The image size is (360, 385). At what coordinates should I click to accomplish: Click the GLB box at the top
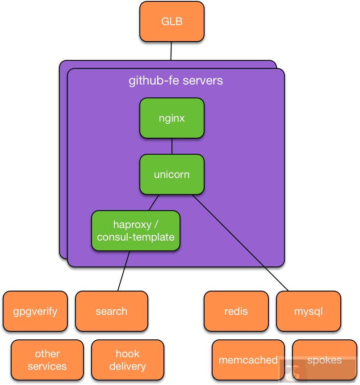(172, 21)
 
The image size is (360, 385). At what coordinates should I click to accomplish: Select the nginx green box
(172, 118)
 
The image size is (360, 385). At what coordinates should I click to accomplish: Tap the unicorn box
(172, 174)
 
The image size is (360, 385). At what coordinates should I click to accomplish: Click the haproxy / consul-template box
(135, 231)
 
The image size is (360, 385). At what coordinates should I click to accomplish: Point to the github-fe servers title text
(176, 81)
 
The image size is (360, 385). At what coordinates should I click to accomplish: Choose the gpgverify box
(35, 311)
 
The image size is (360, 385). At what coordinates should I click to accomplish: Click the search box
(111, 311)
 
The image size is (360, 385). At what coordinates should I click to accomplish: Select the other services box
(47, 360)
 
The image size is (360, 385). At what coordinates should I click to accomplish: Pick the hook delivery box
(127, 360)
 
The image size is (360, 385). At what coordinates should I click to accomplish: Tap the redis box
(236, 311)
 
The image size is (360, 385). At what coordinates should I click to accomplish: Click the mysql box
(308, 311)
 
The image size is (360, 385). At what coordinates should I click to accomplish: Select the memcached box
(248, 360)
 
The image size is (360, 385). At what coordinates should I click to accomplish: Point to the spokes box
(324, 360)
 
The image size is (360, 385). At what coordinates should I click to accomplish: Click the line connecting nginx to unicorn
(172, 146)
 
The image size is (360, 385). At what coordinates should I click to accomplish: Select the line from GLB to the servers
(171, 51)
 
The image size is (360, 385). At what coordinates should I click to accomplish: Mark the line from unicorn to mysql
(241, 244)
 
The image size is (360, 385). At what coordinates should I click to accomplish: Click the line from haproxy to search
(124, 271)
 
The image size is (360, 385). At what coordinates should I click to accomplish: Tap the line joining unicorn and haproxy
(154, 203)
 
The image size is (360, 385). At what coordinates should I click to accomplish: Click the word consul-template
(135, 237)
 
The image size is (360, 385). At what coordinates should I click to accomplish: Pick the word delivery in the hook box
(127, 366)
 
